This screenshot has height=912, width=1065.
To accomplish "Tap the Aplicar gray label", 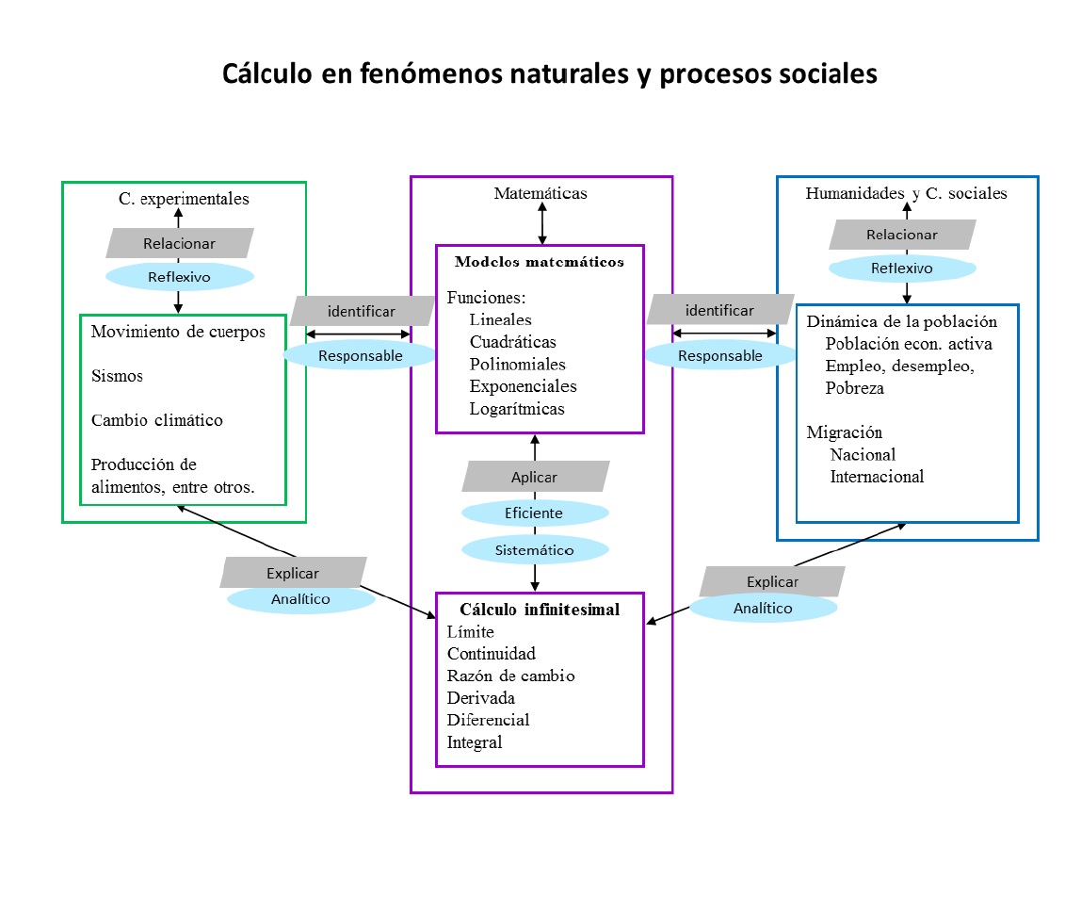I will coord(535,477).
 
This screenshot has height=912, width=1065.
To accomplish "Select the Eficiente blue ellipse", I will coord(535,513).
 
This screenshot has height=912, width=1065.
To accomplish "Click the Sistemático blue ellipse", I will coord(535,549).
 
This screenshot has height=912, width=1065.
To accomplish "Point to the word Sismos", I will coord(117,376).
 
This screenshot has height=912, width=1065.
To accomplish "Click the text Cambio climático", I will coord(156,420).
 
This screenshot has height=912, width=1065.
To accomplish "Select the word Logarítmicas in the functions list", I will coord(517,409).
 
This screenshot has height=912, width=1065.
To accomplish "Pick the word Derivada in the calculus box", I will coord(480,698).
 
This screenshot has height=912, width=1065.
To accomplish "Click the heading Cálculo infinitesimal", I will coord(540,610).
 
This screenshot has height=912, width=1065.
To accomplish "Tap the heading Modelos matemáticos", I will coord(540,262).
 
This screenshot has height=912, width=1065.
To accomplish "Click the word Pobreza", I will coord(854,387).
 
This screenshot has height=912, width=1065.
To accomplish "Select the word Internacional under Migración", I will coord(877,477).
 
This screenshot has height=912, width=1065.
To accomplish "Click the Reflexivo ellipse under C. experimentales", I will coord(179,277).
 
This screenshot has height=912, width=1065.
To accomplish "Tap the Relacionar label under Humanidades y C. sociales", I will coord(901,235).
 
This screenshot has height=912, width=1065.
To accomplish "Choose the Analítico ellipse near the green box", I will coord(300,599).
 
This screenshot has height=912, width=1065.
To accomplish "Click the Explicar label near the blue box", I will coord(772,581).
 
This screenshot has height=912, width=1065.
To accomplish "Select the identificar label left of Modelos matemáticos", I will coord(361,311).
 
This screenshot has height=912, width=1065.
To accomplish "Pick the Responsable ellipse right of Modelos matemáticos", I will coord(720,356).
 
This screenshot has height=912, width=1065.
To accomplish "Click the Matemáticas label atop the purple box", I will coord(541,194).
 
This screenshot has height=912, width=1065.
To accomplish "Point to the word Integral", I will coord(475,742).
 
